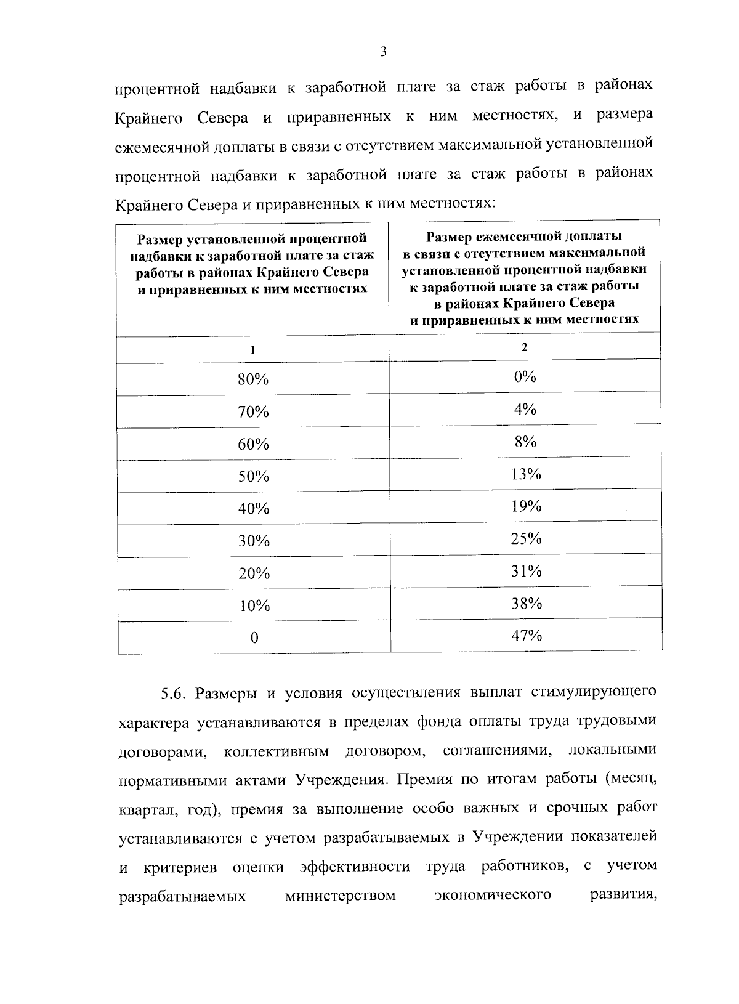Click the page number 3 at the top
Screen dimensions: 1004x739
(382, 52)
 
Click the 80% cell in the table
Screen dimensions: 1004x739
(253, 379)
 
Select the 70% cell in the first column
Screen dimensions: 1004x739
(253, 412)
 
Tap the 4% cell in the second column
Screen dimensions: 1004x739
(525, 409)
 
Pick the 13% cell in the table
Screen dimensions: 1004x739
(525, 474)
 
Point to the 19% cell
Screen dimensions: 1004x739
(525, 506)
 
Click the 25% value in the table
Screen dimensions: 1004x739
(525, 539)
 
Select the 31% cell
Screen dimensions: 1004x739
(525, 572)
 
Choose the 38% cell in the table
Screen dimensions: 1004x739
(525, 604)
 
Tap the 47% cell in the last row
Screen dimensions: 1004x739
(525, 636)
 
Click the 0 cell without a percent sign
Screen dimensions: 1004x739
(254, 638)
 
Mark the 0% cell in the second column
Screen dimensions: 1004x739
(525, 376)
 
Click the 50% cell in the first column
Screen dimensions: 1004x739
(253, 477)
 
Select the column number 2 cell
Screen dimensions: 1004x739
(525, 347)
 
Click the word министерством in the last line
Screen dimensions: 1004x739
(340, 896)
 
